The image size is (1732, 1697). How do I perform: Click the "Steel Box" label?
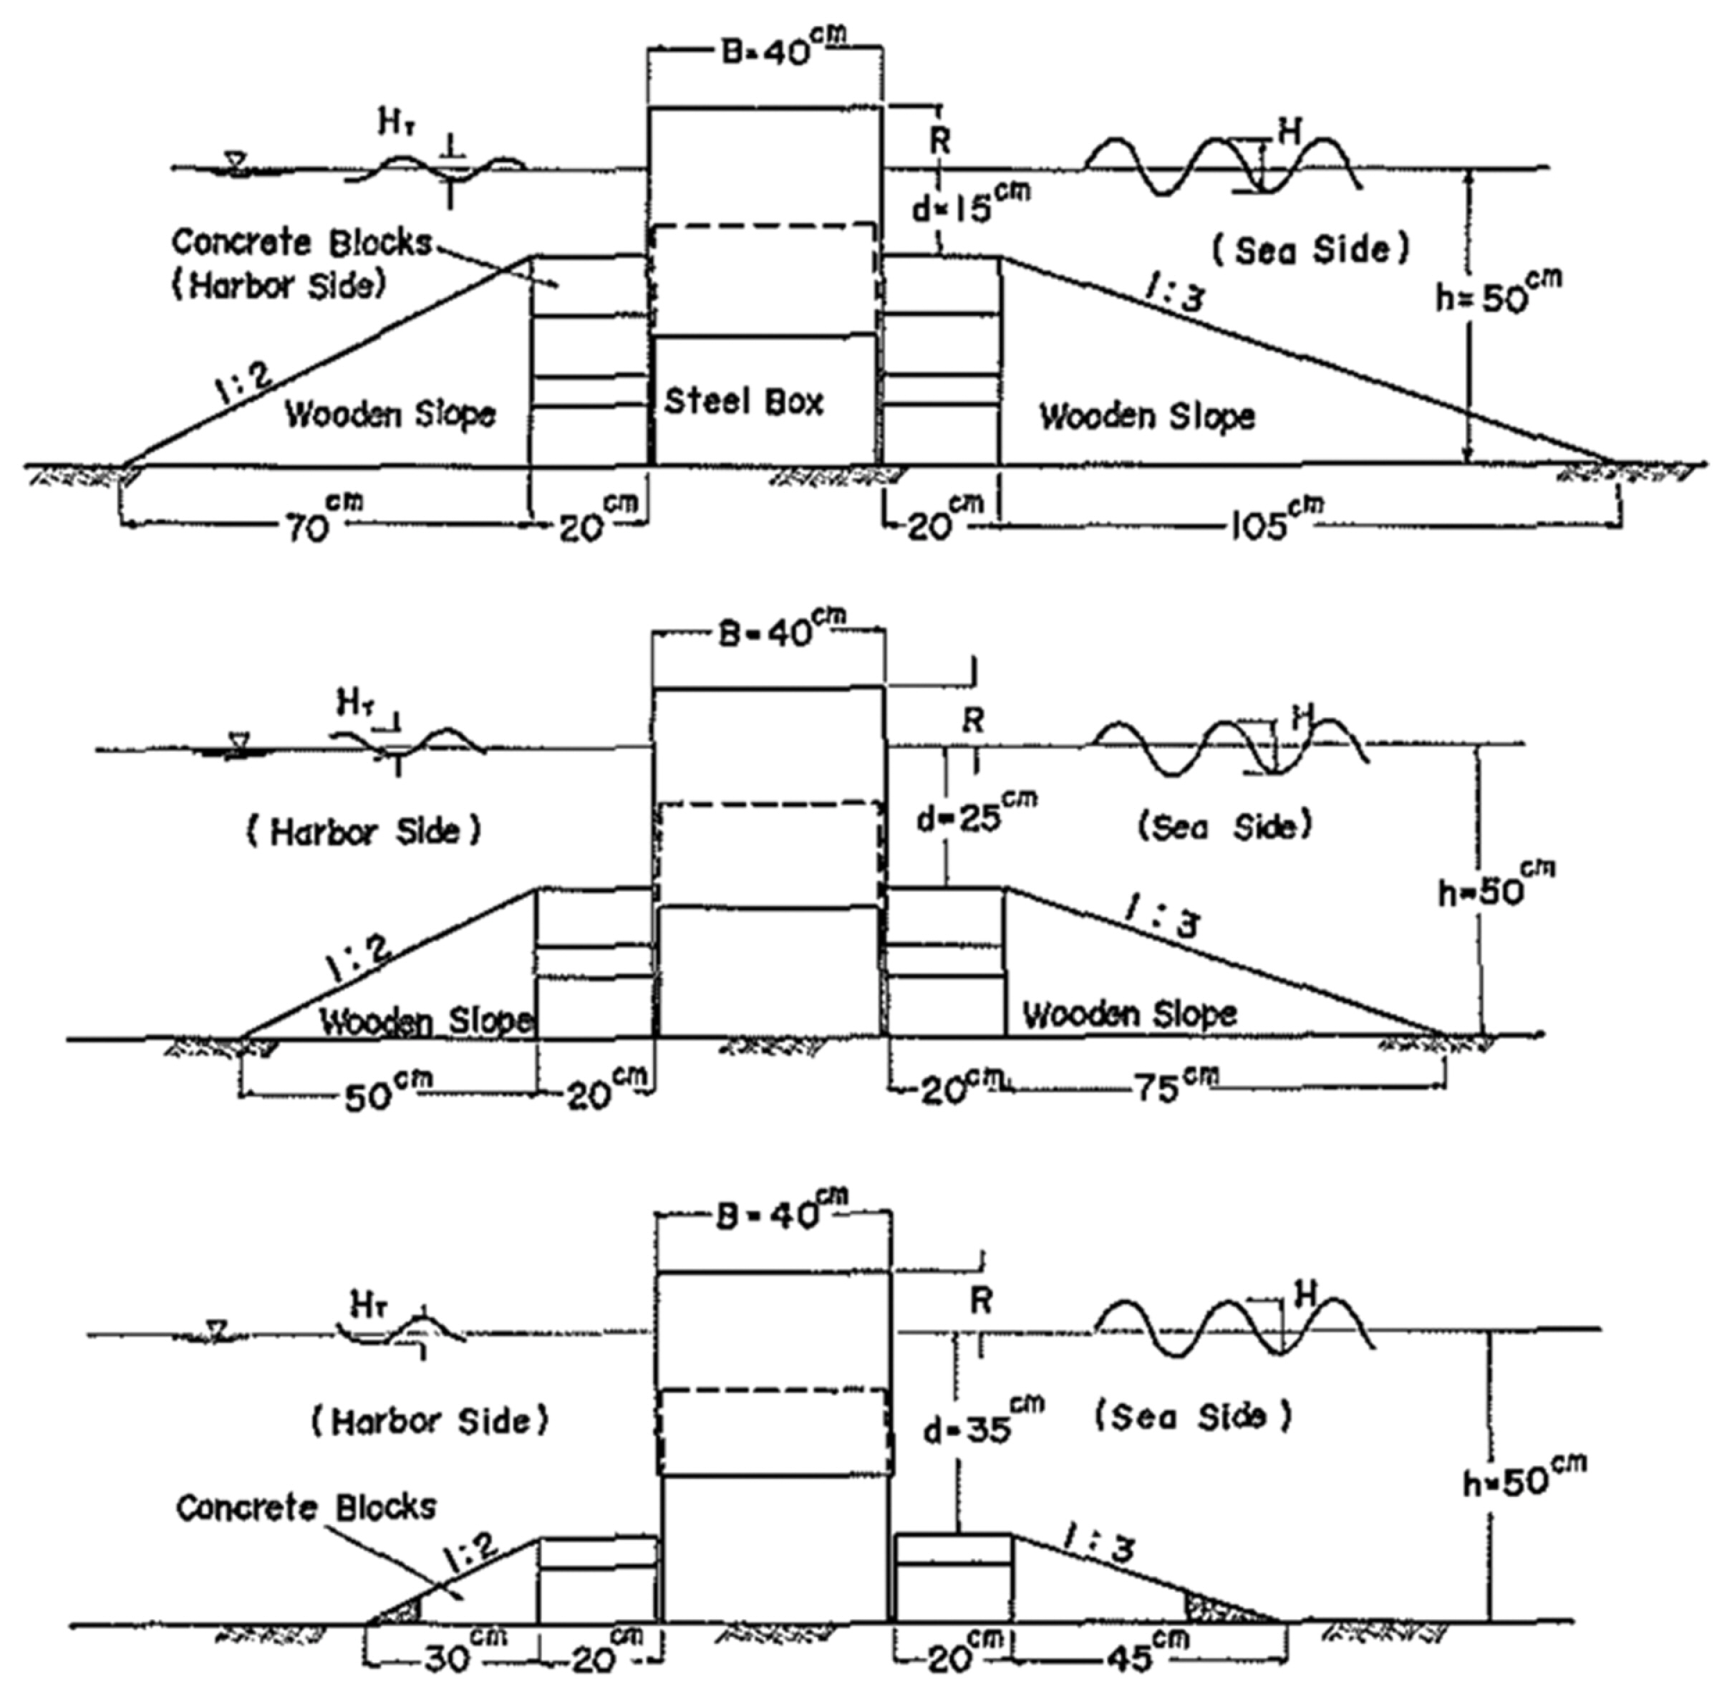tap(744, 402)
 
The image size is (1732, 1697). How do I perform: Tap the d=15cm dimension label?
tap(969, 207)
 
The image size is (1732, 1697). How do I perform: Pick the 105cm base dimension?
tap(1274, 521)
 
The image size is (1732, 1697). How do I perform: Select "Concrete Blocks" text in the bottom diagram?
tap(306, 1507)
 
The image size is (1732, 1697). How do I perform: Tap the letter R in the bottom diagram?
tap(980, 1302)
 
